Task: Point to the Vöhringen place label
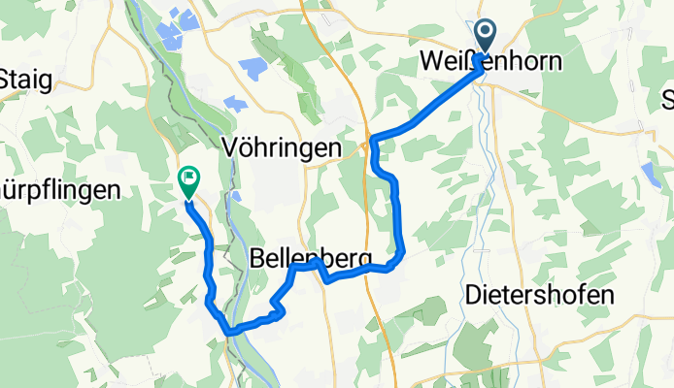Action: coord(282,147)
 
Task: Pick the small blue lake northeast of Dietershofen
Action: coord(650,174)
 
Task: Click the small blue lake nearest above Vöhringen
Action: coord(236,104)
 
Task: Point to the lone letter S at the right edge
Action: coord(667,99)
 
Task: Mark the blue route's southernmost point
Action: coord(228,333)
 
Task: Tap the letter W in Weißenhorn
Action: coord(430,60)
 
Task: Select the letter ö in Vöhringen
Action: coord(246,147)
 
